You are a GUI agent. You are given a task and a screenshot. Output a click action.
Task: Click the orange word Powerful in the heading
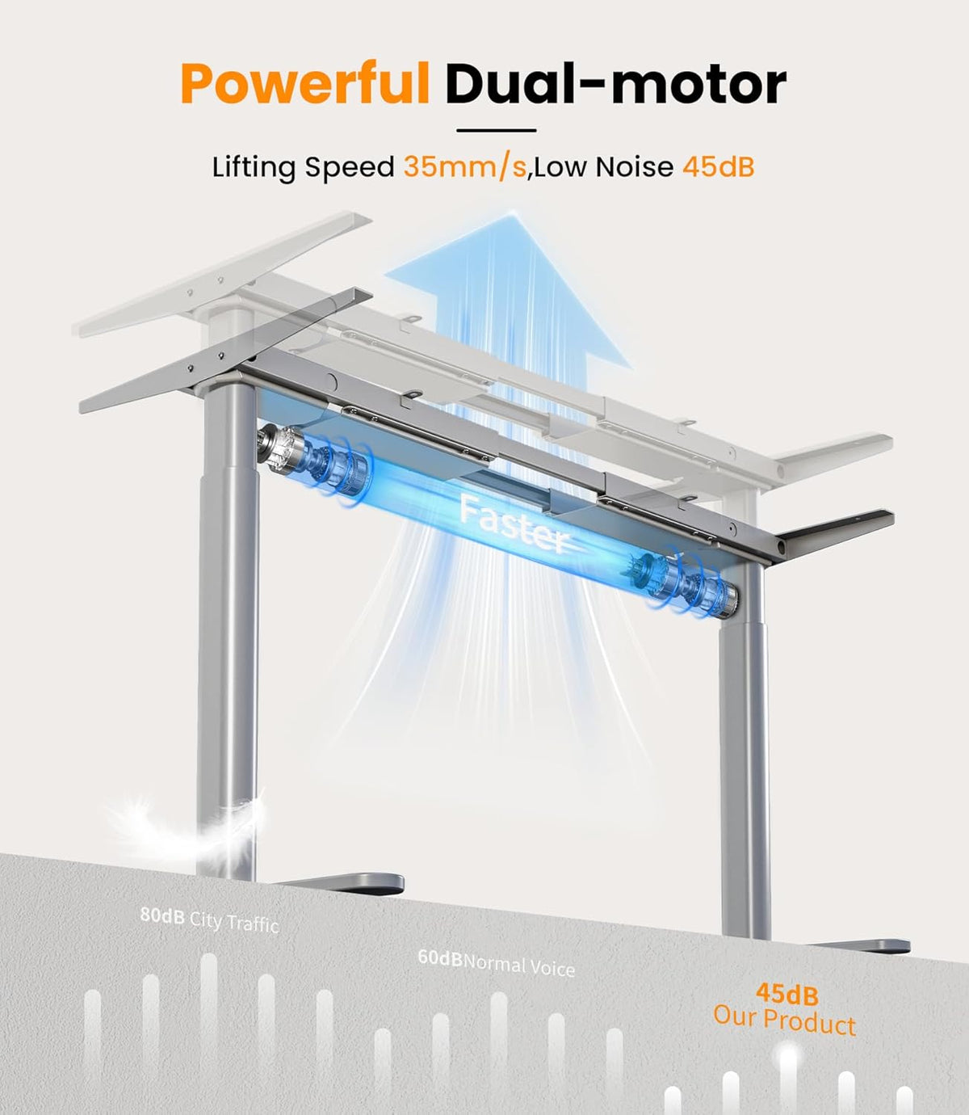304,85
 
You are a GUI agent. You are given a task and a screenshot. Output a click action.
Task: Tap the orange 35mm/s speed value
465,166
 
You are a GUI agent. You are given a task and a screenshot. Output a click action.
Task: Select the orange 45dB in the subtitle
719,166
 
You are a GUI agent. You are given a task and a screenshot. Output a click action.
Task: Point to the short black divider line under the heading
497,130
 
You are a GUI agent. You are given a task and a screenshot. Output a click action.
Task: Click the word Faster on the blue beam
514,524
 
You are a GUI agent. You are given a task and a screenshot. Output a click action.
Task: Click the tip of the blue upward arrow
513,214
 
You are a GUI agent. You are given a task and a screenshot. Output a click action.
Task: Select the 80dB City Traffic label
210,920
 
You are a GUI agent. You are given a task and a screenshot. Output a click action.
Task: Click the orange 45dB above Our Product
787,994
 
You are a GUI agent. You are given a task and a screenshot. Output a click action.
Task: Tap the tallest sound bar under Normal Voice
498,1052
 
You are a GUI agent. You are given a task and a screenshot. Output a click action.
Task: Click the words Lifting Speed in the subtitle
303,167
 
